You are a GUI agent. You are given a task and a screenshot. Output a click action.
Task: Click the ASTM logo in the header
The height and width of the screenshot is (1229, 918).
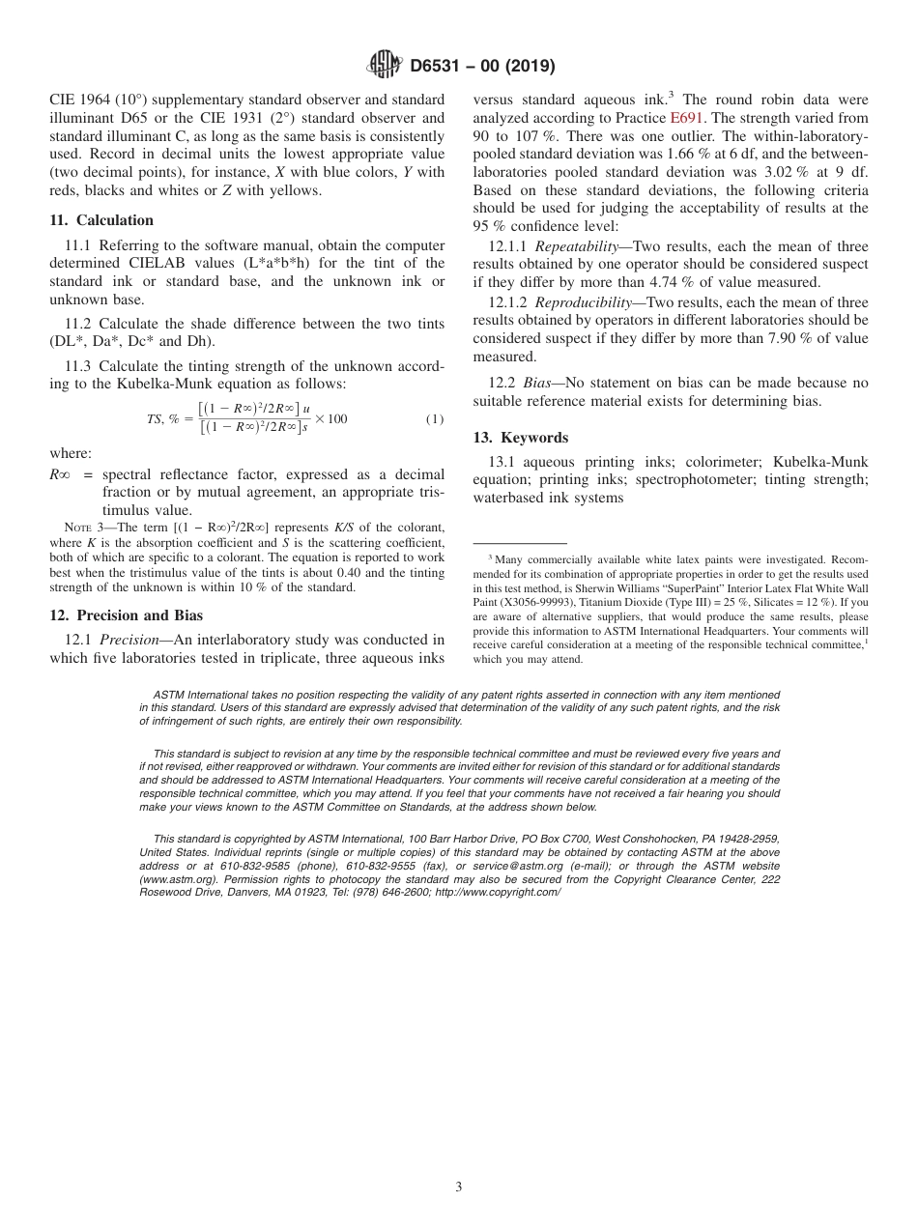click(384, 65)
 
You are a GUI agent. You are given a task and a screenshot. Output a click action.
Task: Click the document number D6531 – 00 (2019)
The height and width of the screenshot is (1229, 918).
click(482, 66)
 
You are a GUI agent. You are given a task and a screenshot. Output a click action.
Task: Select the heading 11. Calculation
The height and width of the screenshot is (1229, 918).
click(101, 220)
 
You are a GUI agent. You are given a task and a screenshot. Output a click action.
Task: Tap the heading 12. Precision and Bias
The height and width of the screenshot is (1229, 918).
click(127, 614)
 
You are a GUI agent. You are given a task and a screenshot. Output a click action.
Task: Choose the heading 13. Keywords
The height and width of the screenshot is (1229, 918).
click(520, 438)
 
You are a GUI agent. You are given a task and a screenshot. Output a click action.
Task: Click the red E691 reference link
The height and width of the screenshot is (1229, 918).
click(686, 118)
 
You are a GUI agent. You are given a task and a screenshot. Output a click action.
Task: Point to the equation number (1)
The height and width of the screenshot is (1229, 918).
click(435, 419)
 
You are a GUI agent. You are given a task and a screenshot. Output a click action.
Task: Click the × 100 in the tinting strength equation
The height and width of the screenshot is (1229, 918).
click(330, 419)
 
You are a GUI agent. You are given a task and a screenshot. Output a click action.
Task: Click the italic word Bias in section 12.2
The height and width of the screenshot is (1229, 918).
click(541, 383)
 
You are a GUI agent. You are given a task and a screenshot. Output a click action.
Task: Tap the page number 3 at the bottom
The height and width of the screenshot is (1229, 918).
click(459, 1186)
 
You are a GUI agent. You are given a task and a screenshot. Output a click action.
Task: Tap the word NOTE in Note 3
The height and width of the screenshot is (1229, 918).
click(77, 527)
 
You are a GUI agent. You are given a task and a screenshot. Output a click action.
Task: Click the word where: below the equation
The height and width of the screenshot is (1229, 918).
click(71, 453)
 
